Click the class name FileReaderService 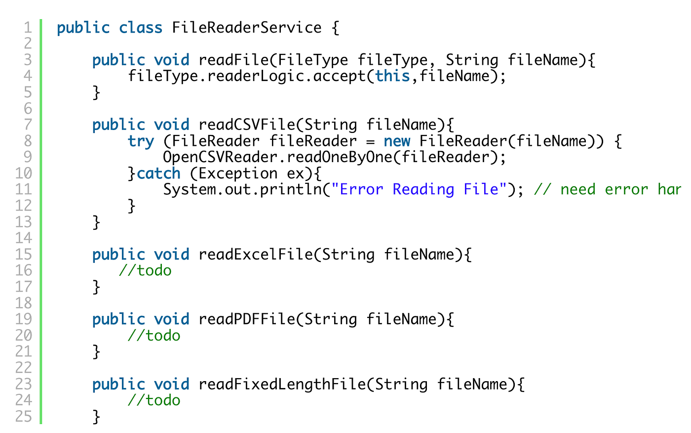point(247,28)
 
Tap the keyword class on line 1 point(141,28)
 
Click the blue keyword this point(392,76)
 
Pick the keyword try point(141,141)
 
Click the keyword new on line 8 point(397,141)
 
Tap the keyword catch point(158,173)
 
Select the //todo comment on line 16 point(145,270)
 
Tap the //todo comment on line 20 point(154,336)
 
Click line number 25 point(23,417)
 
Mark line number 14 point(23,238)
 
